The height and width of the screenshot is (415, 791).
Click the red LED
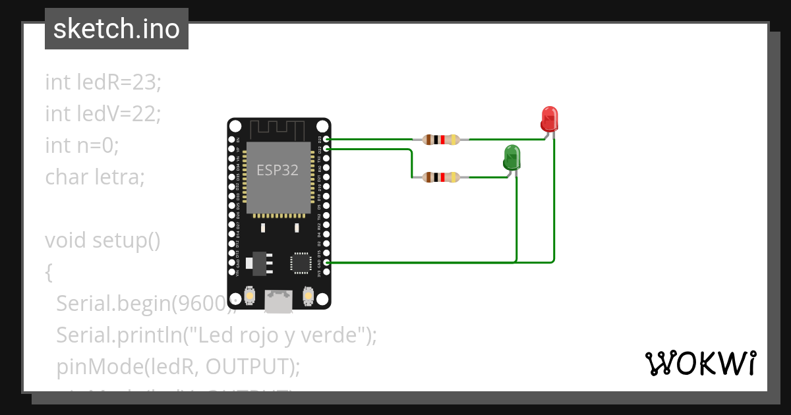(x=549, y=119)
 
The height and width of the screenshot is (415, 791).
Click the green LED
(x=512, y=158)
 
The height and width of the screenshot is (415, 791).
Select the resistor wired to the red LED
(x=441, y=140)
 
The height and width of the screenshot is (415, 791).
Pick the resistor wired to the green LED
(x=441, y=177)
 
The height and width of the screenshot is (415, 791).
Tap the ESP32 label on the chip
(x=278, y=170)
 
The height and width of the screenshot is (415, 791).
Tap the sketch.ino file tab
(x=117, y=29)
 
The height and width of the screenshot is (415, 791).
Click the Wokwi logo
(x=700, y=363)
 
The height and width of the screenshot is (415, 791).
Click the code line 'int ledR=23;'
(x=103, y=82)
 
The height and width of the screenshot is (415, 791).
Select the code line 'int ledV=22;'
(x=103, y=114)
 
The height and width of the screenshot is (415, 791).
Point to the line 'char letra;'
(x=95, y=177)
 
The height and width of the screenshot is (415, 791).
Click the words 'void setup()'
(x=103, y=240)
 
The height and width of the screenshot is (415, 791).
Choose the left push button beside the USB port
(x=250, y=296)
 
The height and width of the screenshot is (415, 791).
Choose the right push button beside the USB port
(x=308, y=296)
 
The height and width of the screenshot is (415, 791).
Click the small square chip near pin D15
(x=301, y=263)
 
